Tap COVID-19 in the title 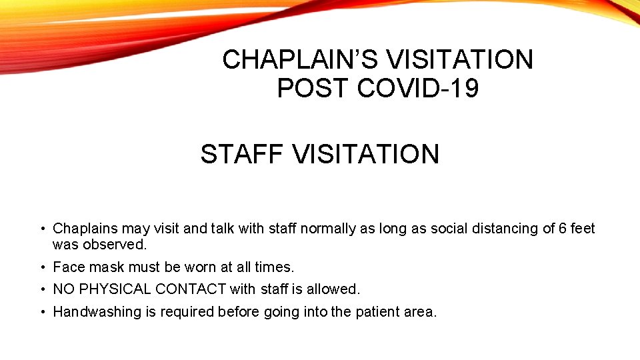(x=418, y=88)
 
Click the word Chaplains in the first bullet (x=85, y=229)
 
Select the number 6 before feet (x=563, y=229)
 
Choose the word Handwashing (x=97, y=312)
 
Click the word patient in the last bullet (x=377, y=312)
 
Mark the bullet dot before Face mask (x=42, y=267)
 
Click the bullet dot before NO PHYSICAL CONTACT (x=42, y=289)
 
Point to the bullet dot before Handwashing (x=42, y=312)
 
